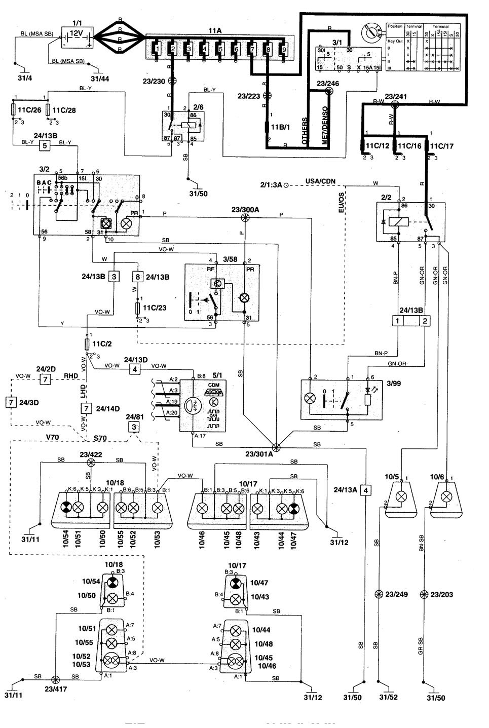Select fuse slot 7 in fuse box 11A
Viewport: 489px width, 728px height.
coord(252,49)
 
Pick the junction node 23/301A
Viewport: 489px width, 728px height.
coord(276,447)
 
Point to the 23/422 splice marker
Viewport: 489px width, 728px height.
coord(91,463)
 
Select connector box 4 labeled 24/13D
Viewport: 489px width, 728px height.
coord(135,369)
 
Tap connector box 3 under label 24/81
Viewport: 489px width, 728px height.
coord(134,427)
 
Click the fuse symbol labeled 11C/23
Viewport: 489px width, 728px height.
coord(138,308)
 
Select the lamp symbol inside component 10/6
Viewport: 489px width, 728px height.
coord(446,496)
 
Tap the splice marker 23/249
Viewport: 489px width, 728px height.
coord(379,594)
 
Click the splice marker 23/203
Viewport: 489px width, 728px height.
coord(424,594)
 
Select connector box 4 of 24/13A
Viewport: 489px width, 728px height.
coord(366,490)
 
